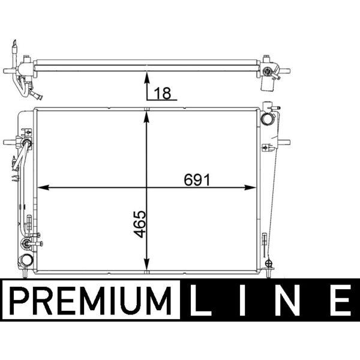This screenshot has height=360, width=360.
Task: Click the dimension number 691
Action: pyautogui.click(x=197, y=180)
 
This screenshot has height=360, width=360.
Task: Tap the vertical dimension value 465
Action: pyautogui.click(x=140, y=224)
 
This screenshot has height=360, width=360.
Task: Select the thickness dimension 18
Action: pyautogui.click(x=163, y=93)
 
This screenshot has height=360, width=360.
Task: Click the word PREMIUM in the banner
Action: pyautogui.click(x=91, y=301)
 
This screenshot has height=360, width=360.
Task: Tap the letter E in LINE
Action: pyautogui.click(x=341, y=300)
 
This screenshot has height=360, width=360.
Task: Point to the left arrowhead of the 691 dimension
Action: pyautogui.click(x=43, y=188)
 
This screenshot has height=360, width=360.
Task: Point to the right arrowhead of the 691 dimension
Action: pyautogui.click(x=250, y=188)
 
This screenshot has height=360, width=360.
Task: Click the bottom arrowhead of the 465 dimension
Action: pyautogui.click(x=147, y=264)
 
